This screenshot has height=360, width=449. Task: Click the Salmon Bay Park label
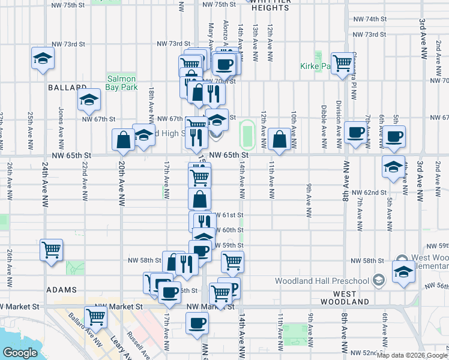122,83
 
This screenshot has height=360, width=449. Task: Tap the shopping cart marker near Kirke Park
342,62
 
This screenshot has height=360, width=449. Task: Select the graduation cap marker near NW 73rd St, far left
43,58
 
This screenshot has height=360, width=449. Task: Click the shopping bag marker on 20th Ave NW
123,140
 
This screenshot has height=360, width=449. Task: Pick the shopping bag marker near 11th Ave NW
280,139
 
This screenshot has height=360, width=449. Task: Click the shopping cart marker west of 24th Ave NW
52,249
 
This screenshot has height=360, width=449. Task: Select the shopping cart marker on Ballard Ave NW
96,316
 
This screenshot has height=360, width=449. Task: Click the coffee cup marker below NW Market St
196,325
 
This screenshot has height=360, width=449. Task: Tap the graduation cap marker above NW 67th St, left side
89,99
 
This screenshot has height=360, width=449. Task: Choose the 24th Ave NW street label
45,192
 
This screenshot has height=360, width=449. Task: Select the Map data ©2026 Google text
412,355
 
